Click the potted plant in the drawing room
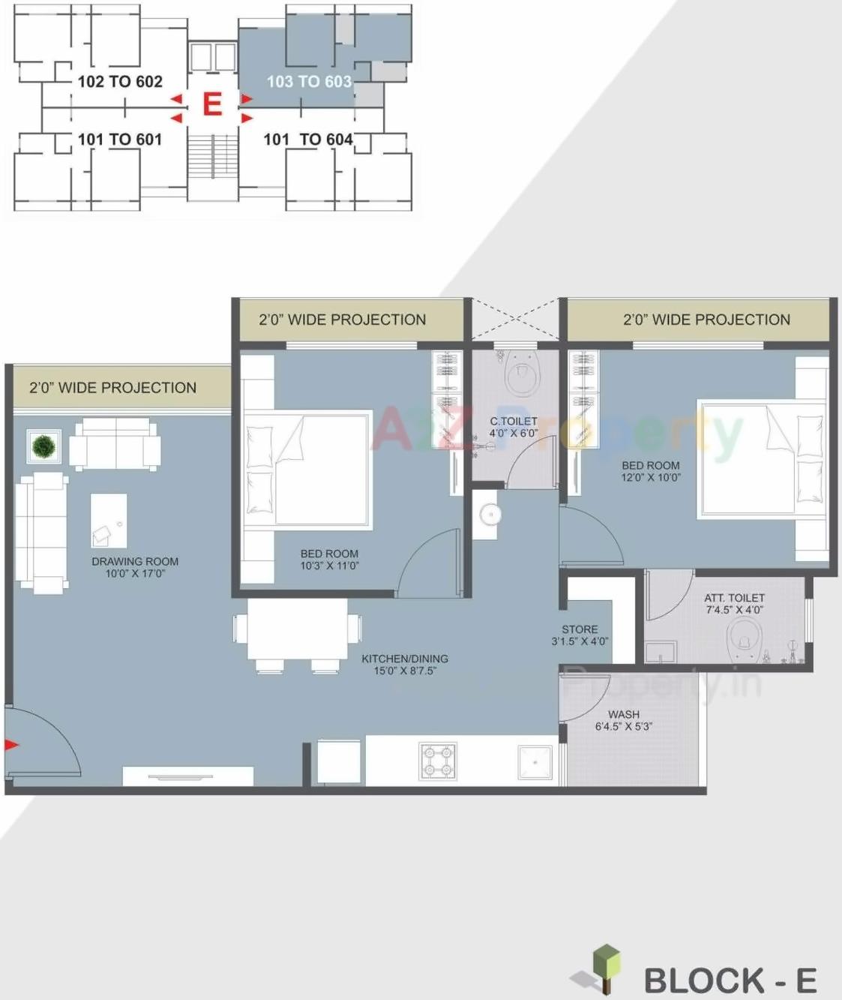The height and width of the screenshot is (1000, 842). pos(43,446)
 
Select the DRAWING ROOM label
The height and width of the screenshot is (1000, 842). pos(135,561)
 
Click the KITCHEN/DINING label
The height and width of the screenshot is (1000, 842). pos(405,659)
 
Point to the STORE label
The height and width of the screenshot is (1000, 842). pos(580,629)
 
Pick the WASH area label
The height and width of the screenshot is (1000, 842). pos(623,714)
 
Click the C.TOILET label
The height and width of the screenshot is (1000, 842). pos(514,422)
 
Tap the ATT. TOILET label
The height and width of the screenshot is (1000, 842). pos(734,598)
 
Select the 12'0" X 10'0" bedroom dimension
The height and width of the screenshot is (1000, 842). pos(651,477)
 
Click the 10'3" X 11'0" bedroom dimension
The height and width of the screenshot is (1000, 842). pos(329,566)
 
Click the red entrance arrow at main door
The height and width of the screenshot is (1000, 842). pos(11,744)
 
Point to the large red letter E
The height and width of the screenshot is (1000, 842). pos(212,104)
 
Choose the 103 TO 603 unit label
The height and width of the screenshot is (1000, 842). pos(309,81)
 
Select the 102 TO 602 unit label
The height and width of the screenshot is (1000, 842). pos(120,81)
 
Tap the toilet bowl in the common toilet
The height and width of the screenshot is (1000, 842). pos(522,374)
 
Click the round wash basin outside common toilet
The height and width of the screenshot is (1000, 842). pos(490,515)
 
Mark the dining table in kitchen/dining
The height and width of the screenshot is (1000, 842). pos(298,629)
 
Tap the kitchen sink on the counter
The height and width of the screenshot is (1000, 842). pos(535,762)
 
